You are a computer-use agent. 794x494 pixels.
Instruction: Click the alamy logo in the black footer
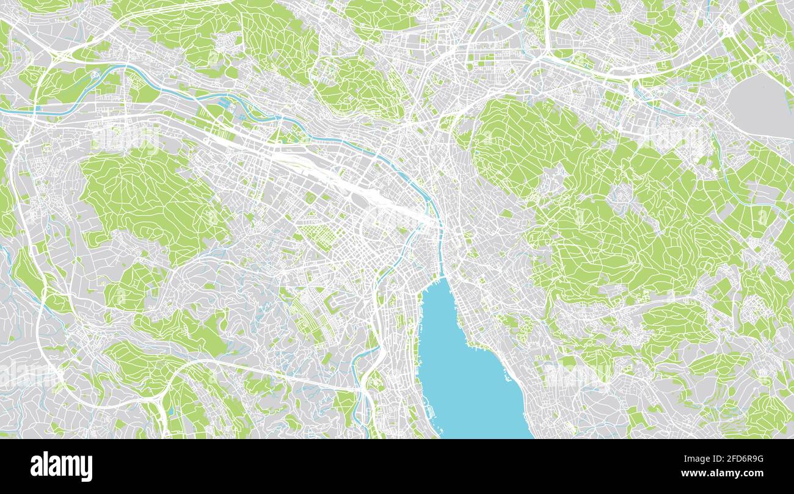point(61,466)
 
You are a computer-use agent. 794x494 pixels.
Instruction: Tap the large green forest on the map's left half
point(147,195)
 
